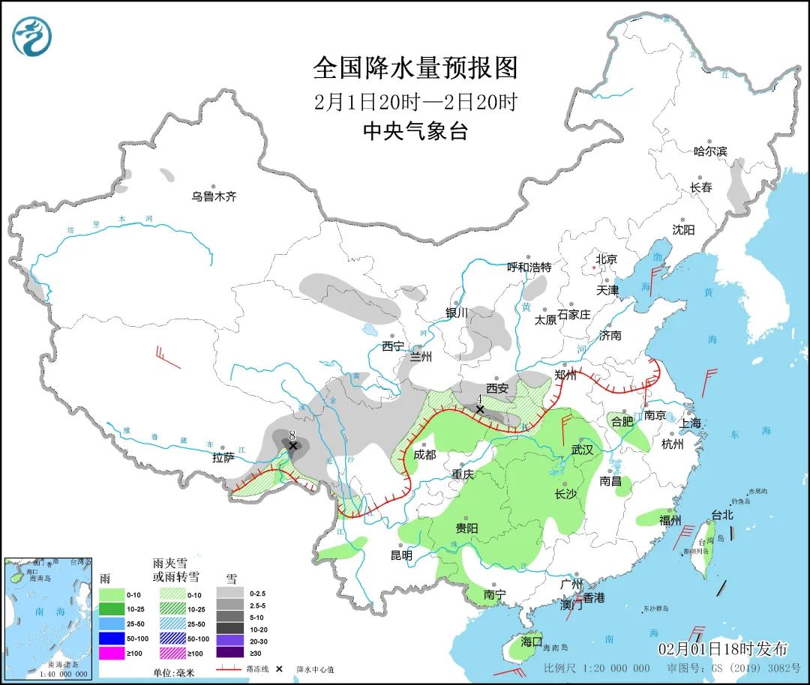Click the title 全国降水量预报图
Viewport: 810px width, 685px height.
[415, 68]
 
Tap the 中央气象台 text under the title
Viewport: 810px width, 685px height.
[415, 132]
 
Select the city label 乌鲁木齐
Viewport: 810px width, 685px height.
[214, 196]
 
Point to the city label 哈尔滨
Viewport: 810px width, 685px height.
[709, 151]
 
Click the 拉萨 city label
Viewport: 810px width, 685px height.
[223, 458]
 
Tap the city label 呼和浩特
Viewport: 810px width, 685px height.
[529, 267]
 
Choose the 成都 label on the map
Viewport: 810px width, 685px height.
[424, 454]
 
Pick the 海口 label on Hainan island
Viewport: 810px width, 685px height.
[531, 642]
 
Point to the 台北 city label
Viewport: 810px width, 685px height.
[721, 515]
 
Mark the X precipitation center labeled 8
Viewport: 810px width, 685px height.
[293, 446]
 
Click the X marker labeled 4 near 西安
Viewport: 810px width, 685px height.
[479, 409]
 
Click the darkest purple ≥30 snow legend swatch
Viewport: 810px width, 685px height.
[230, 653]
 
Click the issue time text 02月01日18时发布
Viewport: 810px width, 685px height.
[722, 648]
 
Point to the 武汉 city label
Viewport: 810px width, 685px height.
[581, 450]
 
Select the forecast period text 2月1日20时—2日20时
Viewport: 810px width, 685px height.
[415, 102]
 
